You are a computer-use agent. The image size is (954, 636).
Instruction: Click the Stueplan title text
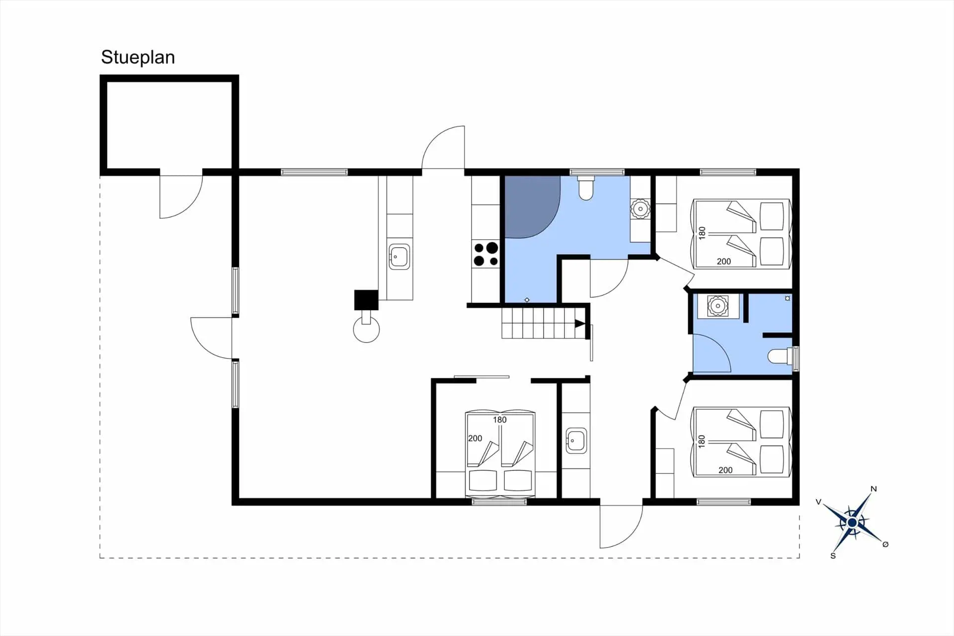tap(138, 57)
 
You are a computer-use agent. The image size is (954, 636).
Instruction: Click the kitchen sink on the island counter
tap(399, 257)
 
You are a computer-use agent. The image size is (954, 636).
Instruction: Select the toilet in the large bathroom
tap(586, 188)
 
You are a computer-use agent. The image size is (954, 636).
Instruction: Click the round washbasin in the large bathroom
tap(640, 209)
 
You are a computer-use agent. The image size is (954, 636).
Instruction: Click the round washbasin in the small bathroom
tap(717, 306)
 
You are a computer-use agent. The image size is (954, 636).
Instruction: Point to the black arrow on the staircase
tap(580, 324)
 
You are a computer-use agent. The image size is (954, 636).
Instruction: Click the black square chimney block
tap(366, 300)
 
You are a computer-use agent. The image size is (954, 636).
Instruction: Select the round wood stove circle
tap(366, 330)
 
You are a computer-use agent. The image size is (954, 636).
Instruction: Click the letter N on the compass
tap(874, 489)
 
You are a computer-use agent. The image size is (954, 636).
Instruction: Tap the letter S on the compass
tap(833, 555)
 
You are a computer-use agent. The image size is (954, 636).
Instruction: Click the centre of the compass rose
tap(852, 523)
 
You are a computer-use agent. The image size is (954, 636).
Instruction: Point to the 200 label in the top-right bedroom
tap(723, 262)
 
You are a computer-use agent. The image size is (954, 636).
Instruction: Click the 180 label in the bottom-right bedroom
tap(702, 441)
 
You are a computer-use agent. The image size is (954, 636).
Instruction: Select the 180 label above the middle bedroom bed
tap(499, 420)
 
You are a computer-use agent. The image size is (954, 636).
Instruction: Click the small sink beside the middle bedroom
tap(576, 441)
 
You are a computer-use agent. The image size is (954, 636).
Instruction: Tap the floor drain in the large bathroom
tap(527, 300)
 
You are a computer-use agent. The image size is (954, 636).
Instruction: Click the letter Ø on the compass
tap(885, 545)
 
